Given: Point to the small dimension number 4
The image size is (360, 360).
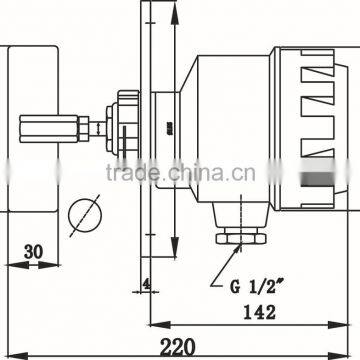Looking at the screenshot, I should (x=146, y=283).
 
